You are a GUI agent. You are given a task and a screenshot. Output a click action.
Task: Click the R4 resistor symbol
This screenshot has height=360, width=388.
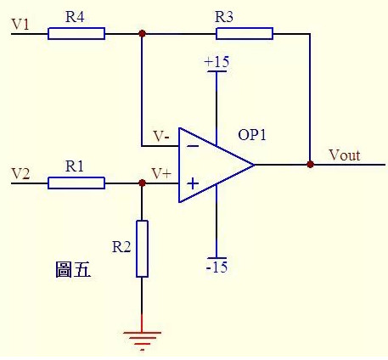(x=76, y=33)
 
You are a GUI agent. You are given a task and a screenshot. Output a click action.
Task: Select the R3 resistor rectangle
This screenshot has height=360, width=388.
(x=245, y=33)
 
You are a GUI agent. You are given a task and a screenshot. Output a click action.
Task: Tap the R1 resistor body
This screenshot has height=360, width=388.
(x=76, y=183)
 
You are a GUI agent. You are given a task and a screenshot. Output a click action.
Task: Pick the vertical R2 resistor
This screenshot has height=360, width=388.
(x=142, y=249)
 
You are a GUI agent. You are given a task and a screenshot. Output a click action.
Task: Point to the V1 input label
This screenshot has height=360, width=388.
(x=20, y=24)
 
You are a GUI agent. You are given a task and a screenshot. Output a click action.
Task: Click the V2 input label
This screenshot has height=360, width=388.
(x=20, y=173)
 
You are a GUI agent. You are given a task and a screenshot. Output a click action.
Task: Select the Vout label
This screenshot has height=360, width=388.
(x=345, y=155)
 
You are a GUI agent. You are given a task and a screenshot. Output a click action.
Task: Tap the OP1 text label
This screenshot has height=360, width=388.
(x=252, y=135)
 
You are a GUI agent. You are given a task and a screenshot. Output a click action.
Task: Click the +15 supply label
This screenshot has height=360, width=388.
(x=216, y=62)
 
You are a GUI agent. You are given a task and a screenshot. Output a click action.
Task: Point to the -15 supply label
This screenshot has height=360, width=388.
(x=216, y=267)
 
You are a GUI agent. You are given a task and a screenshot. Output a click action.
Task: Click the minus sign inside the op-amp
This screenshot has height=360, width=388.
(x=193, y=146)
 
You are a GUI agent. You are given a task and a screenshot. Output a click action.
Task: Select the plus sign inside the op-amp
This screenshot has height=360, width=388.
(x=193, y=183)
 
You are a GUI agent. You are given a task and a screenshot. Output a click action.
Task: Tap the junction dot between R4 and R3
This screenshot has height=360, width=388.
(x=143, y=34)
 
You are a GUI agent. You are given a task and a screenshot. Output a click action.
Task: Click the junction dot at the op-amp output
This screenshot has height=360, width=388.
(x=311, y=164)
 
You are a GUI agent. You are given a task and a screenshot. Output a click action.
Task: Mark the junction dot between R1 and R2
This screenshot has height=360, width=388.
(x=143, y=183)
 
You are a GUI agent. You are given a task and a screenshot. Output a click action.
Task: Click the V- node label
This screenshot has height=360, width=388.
(x=161, y=136)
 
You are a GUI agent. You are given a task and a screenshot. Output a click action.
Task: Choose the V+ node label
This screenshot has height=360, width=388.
(x=161, y=173)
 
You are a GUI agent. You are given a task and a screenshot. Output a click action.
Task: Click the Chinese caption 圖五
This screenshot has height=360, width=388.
(x=73, y=269)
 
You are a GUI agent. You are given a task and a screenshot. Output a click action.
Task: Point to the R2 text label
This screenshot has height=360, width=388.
(x=121, y=247)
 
